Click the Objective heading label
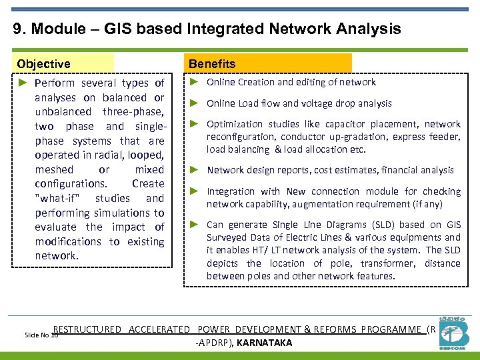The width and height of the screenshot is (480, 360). coord(44,64)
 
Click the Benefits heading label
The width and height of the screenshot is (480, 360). coord(212,64)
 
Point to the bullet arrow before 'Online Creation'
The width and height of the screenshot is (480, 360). coord(194,82)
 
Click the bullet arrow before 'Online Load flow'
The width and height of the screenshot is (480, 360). coord(194,103)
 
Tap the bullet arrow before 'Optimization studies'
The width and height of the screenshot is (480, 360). coord(194,124)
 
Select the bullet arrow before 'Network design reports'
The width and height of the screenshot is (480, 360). coord(194,170)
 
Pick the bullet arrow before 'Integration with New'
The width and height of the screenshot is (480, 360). coord(194,191)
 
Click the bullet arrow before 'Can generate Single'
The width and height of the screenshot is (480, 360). coord(194,225)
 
